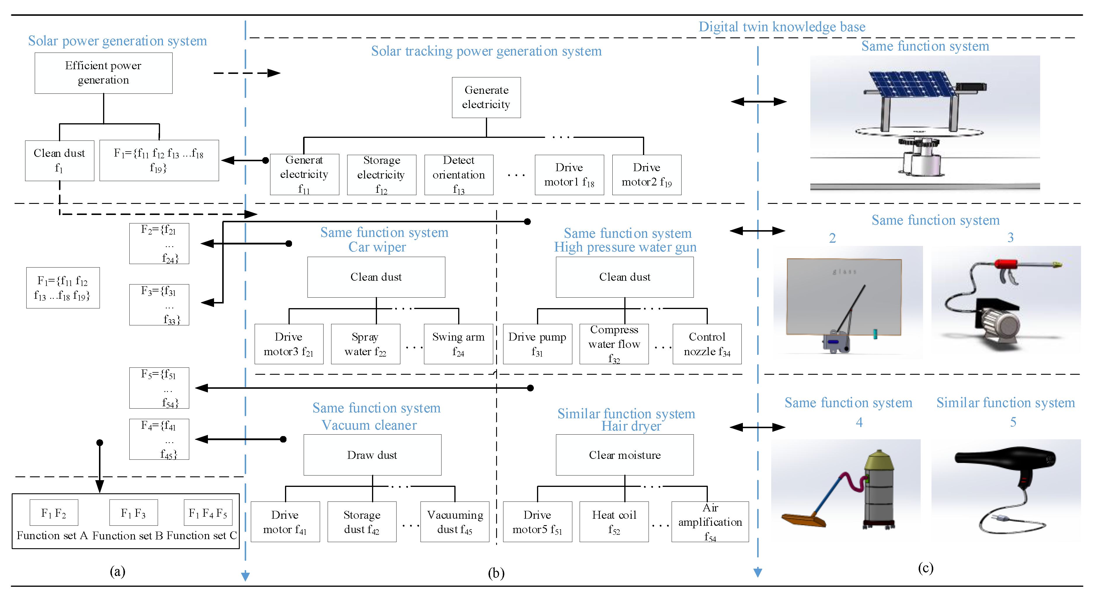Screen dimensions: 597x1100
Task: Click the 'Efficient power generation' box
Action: click(103, 73)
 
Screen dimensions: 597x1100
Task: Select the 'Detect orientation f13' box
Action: click(459, 175)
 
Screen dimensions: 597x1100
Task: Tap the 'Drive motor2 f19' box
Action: click(647, 175)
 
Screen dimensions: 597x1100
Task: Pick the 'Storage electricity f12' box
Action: click(381, 175)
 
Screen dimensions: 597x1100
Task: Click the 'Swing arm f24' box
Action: click(458, 344)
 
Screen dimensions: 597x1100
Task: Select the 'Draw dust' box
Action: click(372, 455)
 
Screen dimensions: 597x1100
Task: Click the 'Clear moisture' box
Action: click(624, 455)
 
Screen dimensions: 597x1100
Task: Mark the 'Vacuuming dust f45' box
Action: click(455, 521)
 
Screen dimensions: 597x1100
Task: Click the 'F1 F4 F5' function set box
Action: click(208, 513)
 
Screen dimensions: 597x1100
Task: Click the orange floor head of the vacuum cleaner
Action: click(803, 520)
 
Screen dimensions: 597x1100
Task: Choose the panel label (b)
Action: click(496, 573)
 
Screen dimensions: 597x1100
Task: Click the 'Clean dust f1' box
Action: click(59, 161)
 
